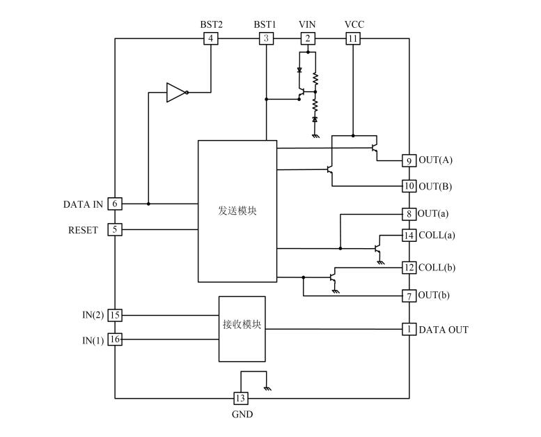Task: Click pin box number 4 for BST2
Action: point(211,38)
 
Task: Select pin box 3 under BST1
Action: point(265,38)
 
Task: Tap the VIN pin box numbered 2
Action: point(307,38)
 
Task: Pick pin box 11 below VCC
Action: point(353,38)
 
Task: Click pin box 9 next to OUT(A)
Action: point(409,160)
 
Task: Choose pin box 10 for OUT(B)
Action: point(409,186)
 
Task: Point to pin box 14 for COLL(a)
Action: point(409,235)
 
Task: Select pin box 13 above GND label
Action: point(240,398)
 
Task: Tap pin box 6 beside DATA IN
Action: point(115,204)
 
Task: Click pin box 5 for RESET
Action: point(115,229)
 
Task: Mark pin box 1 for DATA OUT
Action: point(409,329)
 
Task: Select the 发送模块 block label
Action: point(237,210)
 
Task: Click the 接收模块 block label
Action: point(242,324)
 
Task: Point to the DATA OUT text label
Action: point(443,329)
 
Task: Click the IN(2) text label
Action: point(93,315)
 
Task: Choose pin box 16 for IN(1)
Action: point(115,339)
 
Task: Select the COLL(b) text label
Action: point(437,267)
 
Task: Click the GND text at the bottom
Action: point(242,415)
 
